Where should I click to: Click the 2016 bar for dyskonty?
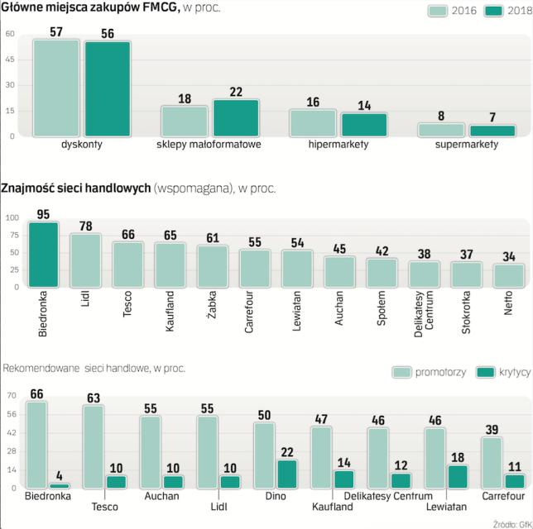[x=56, y=88]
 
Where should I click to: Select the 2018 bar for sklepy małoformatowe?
[x=236, y=117]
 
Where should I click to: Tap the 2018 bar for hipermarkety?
[x=364, y=124]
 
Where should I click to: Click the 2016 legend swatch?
[x=438, y=11]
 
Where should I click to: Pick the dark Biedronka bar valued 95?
[x=44, y=254]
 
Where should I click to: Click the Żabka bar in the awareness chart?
[x=213, y=265]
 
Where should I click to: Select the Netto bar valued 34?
[x=508, y=275]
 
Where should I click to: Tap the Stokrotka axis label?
[x=466, y=316]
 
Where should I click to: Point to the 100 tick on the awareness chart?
[x=12, y=217]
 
